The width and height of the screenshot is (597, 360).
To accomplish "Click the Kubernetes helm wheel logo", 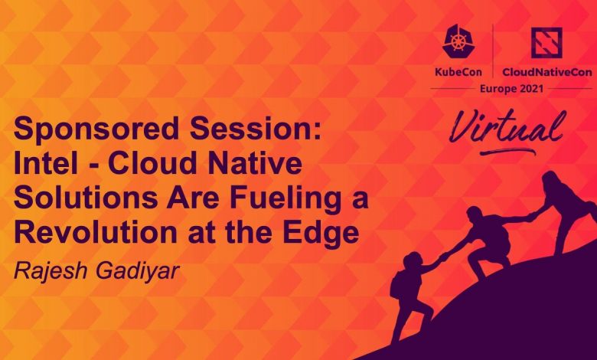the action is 458,41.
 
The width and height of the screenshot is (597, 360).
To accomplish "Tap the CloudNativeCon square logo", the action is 546,43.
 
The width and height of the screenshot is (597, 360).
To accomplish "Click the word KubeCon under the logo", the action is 458,72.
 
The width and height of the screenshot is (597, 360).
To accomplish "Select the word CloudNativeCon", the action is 547,72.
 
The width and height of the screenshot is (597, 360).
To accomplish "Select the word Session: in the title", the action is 256,128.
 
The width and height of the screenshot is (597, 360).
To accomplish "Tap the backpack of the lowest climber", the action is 398,285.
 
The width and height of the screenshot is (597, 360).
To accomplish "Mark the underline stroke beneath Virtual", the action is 508,152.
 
